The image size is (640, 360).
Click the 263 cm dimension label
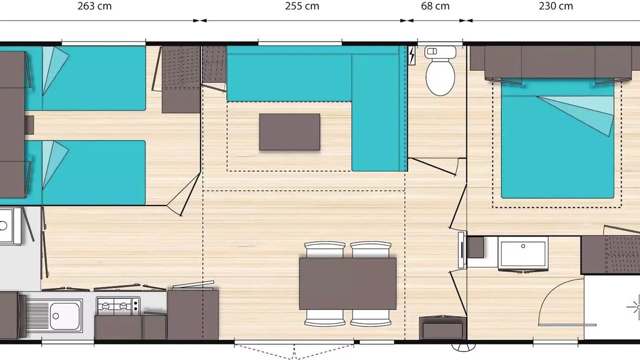tap(94, 6)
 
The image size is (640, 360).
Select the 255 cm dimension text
tap(302, 6)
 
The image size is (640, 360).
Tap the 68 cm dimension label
tap(435, 6)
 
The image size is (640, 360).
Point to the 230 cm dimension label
tap(555, 6)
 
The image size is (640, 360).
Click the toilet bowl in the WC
tap(440, 77)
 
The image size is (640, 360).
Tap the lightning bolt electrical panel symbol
tap(411, 55)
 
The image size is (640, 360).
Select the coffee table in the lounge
tap(289, 132)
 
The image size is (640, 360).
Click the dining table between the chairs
tap(347, 283)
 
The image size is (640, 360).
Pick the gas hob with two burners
tap(118, 306)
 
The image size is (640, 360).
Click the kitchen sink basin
tap(65, 315)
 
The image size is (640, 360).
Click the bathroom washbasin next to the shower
tap(523, 253)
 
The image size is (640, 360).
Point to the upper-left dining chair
tap(324, 249)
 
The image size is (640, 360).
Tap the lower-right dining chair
tap(370, 318)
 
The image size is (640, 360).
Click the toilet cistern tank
tap(440, 52)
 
